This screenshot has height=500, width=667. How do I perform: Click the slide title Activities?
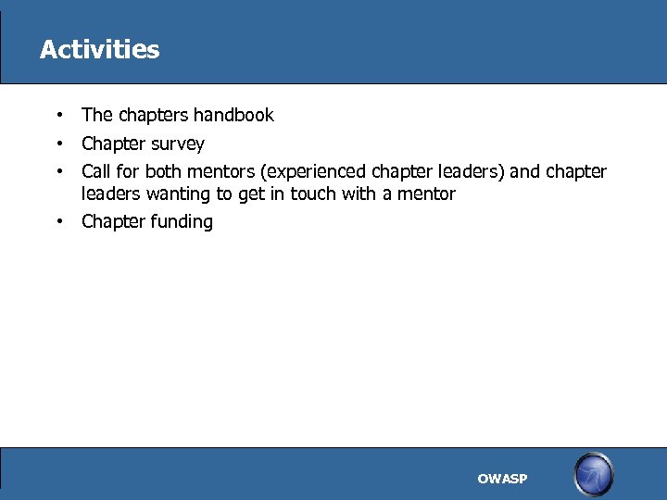tap(99, 50)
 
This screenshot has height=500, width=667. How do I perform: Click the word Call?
tap(95, 172)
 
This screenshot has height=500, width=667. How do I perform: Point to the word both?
tap(163, 172)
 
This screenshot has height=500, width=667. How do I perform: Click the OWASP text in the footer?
tap(502, 479)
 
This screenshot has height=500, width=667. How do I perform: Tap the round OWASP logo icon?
tap(593, 475)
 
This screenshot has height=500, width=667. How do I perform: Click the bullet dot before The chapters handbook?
tap(58, 116)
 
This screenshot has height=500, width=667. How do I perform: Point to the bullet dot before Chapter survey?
tap(58, 144)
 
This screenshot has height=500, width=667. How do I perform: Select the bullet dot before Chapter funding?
tap(58, 221)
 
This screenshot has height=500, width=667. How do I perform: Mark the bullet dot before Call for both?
tap(58, 171)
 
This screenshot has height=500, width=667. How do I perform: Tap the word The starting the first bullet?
tap(96, 116)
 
